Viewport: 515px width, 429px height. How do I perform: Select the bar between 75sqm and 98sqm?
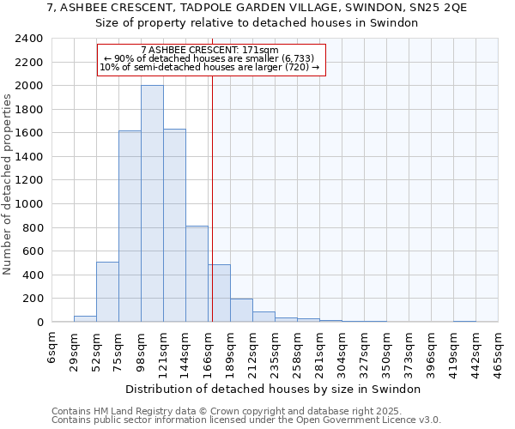click(x=130, y=227)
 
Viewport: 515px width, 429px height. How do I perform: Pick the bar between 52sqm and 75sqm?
click(x=107, y=292)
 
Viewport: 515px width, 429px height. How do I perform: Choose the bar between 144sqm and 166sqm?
click(x=197, y=274)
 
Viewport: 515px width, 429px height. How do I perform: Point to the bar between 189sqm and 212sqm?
click(x=241, y=311)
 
